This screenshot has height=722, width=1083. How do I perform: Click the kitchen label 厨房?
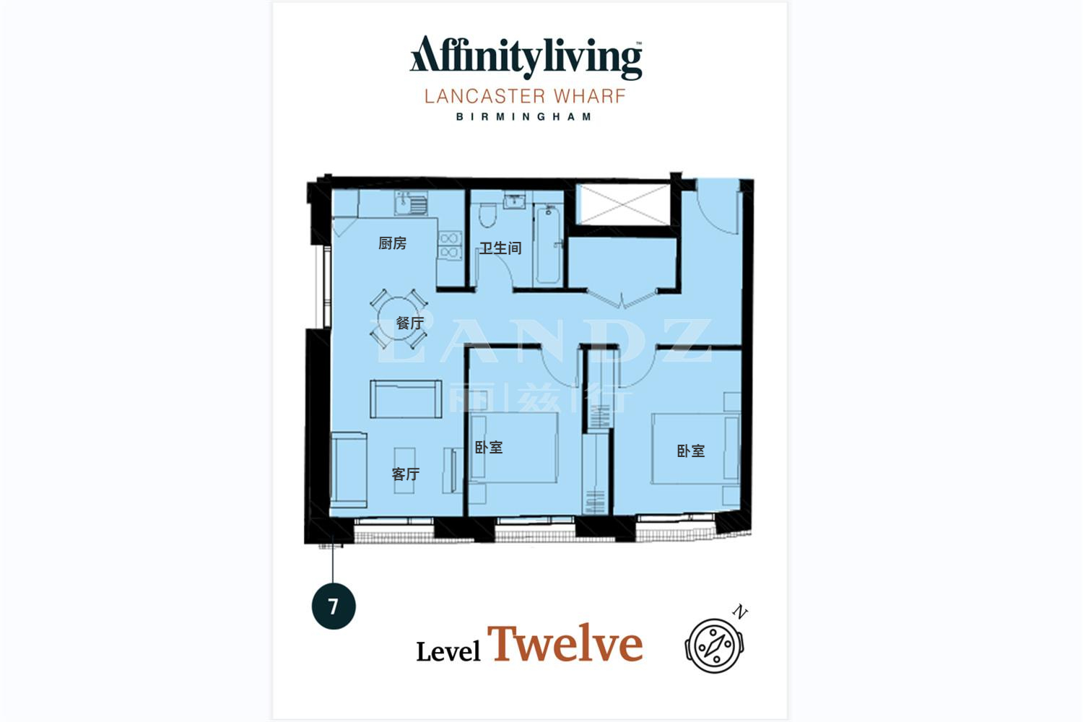point(392,243)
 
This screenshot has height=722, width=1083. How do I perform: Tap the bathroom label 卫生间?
point(500,248)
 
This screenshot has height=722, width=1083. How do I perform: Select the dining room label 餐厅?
point(409,323)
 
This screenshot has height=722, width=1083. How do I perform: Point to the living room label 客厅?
point(405,474)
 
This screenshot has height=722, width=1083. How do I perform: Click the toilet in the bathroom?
point(487,214)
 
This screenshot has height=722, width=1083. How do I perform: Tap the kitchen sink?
point(411,203)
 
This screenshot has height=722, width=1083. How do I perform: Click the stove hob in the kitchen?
point(450,245)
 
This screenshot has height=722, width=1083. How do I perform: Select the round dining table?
point(399,318)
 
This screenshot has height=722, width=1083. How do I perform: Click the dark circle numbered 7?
point(334,606)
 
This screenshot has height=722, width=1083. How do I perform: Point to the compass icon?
point(715,645)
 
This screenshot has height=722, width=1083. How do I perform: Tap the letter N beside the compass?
point(740,612)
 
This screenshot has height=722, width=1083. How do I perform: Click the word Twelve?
point(565,643)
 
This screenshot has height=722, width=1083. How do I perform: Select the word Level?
point(448,651)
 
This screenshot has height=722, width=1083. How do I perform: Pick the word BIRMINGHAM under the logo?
point(524,116)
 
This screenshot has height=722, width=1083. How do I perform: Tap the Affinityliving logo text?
point(526,58)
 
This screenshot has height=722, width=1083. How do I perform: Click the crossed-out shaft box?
point(623,204)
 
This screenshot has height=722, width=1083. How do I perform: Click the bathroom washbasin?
point(514,201)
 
